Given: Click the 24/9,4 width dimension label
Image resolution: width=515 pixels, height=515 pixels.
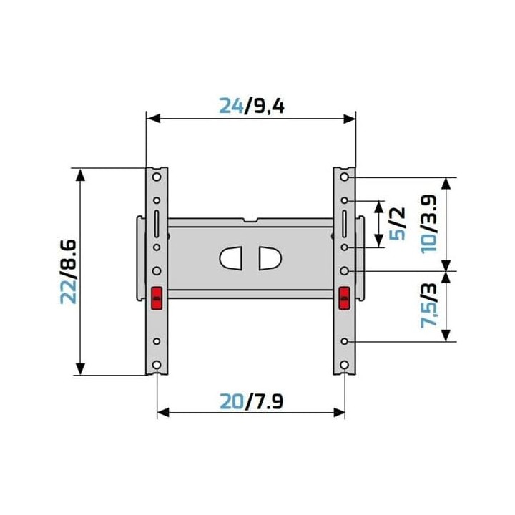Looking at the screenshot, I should click(251, 106).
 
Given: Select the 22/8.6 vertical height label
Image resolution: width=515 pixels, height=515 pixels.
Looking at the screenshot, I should click(68, 272).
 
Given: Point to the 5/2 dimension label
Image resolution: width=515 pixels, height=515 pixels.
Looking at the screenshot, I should click(397, 223).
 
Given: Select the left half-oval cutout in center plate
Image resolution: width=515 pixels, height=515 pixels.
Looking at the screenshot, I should click(232, 258).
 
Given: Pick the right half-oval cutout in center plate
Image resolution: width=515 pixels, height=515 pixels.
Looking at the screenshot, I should click(269, 258).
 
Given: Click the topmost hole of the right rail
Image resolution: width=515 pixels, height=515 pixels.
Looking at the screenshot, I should click(345, 177).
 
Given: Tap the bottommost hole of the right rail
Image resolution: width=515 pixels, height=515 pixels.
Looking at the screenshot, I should click(345, 366).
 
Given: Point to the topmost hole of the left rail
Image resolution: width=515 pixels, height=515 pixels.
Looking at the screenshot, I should click(157, 177).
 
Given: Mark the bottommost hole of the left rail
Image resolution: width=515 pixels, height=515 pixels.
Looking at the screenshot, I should click(157, 366).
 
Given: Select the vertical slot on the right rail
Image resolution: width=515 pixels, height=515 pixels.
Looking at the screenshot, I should click(345, 223).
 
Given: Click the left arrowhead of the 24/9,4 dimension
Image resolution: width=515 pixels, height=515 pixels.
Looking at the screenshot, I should click(151, 119).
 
